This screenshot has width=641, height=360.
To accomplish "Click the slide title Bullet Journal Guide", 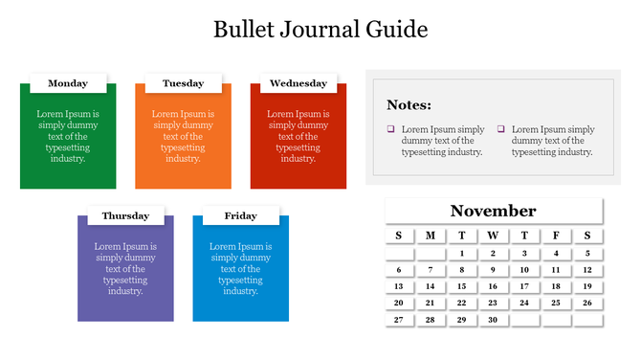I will tap(320, 29).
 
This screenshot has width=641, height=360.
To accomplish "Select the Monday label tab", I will tap(68, 83).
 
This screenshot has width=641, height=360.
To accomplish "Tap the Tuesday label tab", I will tap(183, 83).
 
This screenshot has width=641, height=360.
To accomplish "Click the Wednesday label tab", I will tap(298, 83).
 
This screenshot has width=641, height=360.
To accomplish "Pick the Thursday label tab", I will tap(125, 215).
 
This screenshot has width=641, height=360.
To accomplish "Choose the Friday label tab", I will tap(240, 215).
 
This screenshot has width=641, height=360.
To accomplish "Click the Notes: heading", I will tap(409, 105).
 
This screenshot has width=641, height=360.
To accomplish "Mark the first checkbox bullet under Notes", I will tap(391, 129).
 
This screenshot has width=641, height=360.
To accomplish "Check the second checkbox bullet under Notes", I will tap(501, 129).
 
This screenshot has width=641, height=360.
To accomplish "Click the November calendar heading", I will tap(493, 211).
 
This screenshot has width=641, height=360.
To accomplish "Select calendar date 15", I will tap(461, 286).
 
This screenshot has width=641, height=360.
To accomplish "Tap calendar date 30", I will tap(493, 320).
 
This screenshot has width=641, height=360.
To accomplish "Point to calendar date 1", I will tap(461, 254).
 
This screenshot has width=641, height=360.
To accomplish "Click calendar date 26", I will tap(587, 303).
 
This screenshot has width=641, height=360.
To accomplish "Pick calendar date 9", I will tap(493, 270).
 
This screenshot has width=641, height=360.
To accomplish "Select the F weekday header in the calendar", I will tap(556, 236).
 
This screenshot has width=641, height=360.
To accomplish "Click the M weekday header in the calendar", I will tap(431, 236).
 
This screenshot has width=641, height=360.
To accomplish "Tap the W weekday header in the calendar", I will tap(493, 236).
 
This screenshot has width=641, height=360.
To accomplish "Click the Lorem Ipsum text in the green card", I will tap(68, 136).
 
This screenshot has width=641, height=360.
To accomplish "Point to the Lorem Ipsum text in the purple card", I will tap(125, 268).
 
